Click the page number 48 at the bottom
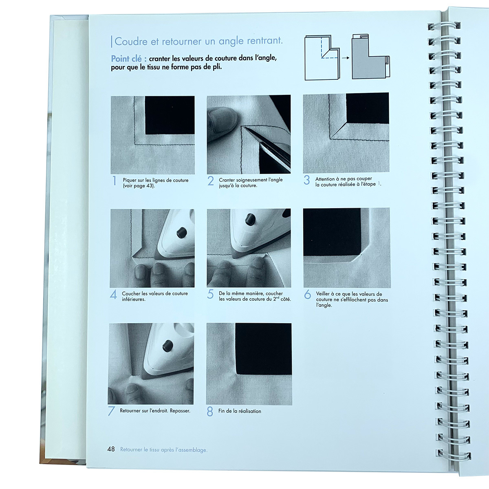pyautogui.click(x=111, y=449)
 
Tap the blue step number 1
pyautogui.click(x=115, y=181)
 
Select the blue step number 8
pyautogui.click(x=210, y=411)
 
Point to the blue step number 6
pyautogui.click(x=307, y=294)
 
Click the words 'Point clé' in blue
pyautogui.click(x=126, y=59)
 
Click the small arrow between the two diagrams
pyautogui.click(x=346, y=58)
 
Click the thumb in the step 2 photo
pyautogui.click(x=222, y=120)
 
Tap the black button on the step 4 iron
pyautogui.click(x=181, y=232)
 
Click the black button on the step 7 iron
pyautogui.click(x=167, y=346)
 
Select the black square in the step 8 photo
pyautogui.click(x=263, y=349)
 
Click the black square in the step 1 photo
pyautogui.click(x=170, y=115)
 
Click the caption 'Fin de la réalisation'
pyautogui.click(x=240, y=411)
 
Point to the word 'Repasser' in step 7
pyautogui.click(x=180, y=411)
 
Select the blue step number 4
pyautogui.click(x=113, y=295)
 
